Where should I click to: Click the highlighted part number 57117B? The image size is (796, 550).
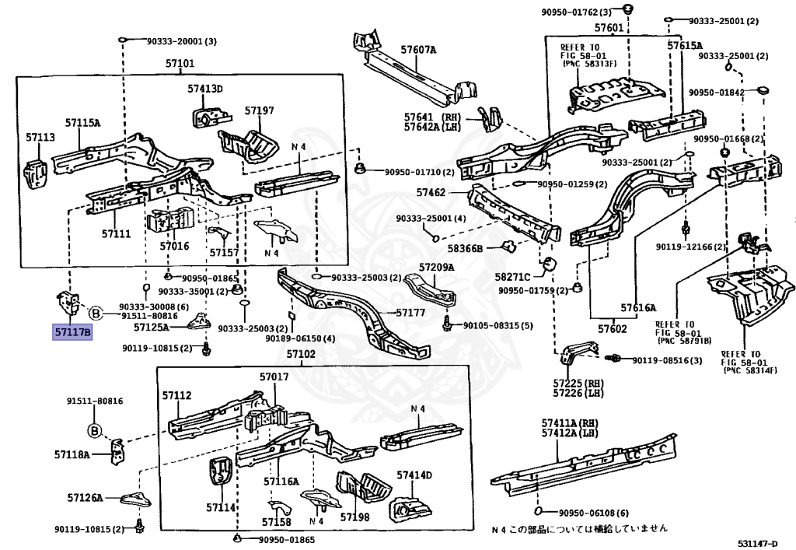(x=72, y=333)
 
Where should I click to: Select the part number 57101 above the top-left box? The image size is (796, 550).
(x=180, y=64)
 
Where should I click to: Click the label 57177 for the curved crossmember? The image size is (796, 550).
(x=410, y=312)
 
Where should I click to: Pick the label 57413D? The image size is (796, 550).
(x=204, y=89)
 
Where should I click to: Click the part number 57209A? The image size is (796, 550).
(x=436, y=268)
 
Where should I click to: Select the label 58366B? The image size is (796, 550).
(x=465, y=248)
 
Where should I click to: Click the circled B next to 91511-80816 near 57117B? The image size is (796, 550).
(x=94, y=314)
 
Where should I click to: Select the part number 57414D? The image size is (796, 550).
(x=414, y=475)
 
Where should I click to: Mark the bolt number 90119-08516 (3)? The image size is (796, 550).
(x=666, y=360)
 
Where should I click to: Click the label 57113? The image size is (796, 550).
(x=40, y=137)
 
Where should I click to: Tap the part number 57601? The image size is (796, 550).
(x=609, y=28)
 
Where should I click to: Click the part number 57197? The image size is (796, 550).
(x=259, y=110)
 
